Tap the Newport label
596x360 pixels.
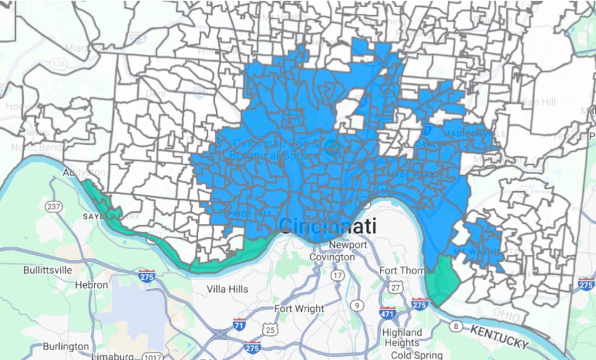tap(347, 245)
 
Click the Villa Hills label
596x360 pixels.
tap(227, 289)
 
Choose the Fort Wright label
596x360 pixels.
tap(299, 308)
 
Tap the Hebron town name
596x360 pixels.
tap(91, 285)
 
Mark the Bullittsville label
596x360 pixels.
tap(47, 269)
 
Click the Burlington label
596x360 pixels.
tap(66, 346)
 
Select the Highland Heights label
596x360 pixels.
tap(401, 337)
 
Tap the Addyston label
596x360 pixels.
tap(84, 173)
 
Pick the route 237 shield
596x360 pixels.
tap(54, 207)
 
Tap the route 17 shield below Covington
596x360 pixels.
tap(337, 275)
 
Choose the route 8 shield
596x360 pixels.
tap(454, 327)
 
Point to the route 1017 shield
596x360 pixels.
tap(152, 356)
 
